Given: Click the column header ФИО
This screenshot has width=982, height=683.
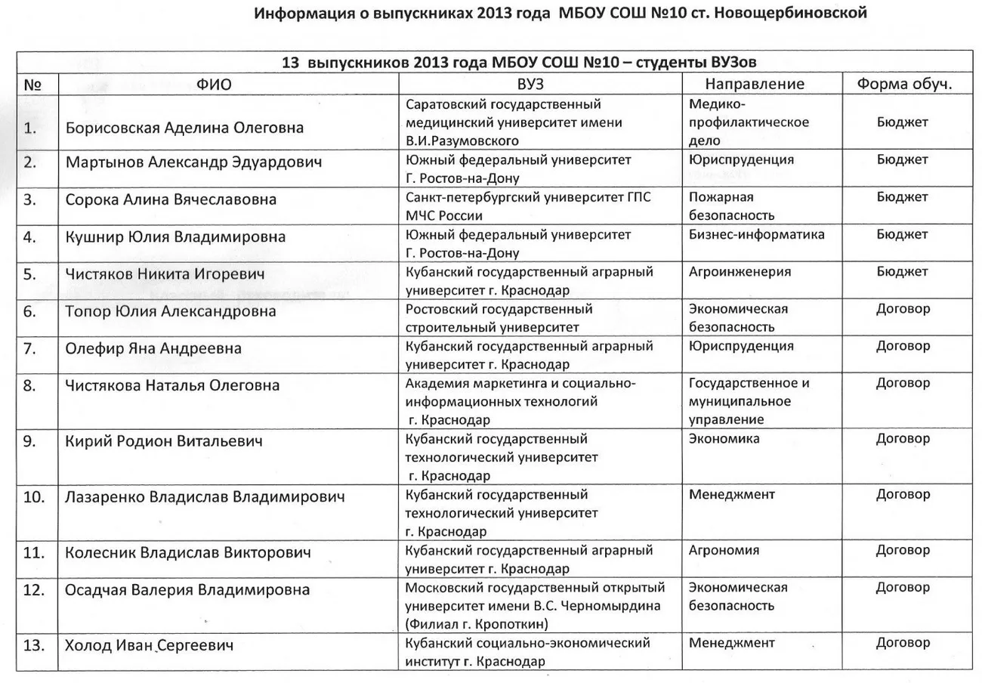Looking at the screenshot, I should point(214,85).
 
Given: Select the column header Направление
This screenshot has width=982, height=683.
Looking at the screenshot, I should point(755,84).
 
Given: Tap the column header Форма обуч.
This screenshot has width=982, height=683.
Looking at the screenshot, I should point(903,84).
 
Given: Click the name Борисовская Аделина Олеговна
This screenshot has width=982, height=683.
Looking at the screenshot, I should point(184,128).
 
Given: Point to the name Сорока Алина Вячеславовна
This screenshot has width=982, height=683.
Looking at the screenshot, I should point(171,199).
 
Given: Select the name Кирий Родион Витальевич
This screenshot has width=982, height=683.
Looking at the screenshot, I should point(164,441).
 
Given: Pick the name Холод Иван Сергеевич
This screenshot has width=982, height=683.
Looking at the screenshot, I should point(150,645).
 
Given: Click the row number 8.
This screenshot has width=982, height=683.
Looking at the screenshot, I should point(30,385).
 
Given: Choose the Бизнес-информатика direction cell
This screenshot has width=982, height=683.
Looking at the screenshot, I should point(757,235).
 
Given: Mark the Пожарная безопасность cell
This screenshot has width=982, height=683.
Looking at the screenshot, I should point(731,206).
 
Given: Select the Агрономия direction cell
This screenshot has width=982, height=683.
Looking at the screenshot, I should point(724,550).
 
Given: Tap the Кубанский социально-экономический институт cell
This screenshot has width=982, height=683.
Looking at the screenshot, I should point(527,652).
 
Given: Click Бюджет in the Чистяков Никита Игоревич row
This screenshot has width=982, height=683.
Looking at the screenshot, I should point(902,272).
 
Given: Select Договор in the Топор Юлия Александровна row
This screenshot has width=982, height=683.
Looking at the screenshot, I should point(903,309).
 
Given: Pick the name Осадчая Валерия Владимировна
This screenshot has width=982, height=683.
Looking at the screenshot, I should point(187,590).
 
